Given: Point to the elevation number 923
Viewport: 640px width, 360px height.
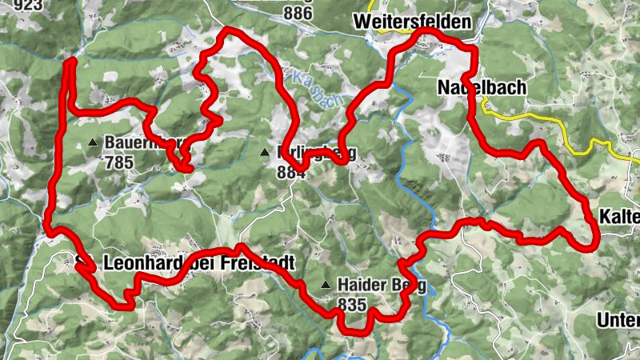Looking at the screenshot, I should click(x=17, y=4).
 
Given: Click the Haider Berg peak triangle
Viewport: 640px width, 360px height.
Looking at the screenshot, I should click(x=326, y=286).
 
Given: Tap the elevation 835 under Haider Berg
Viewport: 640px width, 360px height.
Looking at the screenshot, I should click(x=352, y=304).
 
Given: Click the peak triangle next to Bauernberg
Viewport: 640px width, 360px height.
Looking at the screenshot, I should click(x=92, y=143).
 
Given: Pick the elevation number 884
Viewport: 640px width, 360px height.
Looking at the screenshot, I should click(x=291, y=171).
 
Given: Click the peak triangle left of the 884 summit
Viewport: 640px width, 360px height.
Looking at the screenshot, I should click(x=265, y=152).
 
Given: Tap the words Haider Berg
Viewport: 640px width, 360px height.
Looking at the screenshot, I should click(x=382, y=286).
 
